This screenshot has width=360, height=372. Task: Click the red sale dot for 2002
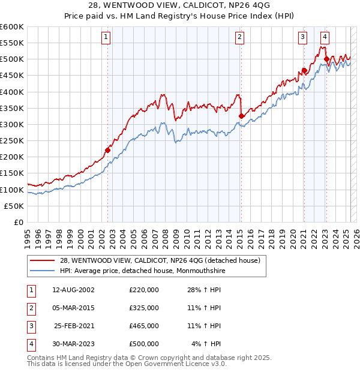[x=108, y=150]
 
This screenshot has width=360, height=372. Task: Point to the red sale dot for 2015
[x=241, y=116]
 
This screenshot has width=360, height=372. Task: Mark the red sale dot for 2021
[x=304, y=70]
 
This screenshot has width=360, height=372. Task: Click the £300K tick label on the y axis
[x=12, y=124]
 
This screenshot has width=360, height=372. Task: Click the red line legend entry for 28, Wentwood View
[x=160, y=260]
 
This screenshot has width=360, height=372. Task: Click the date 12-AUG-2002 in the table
[x=74, y=290]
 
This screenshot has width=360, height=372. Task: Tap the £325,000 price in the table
[x=143, y=308]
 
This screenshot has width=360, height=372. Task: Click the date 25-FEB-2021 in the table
[x=74, y=326]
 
